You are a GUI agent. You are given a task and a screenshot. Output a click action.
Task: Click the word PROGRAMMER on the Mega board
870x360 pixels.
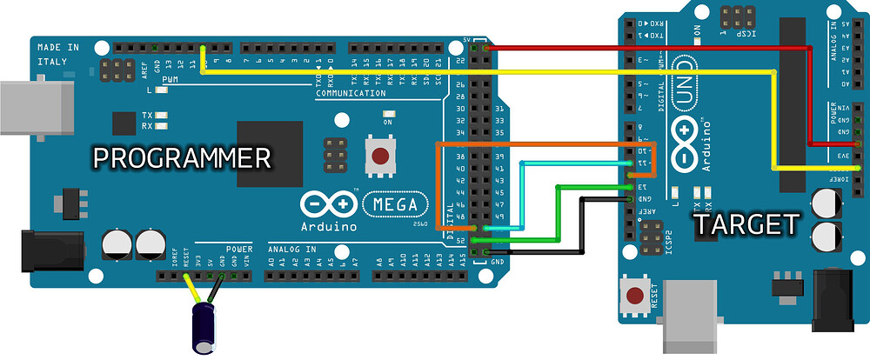pos(182,158)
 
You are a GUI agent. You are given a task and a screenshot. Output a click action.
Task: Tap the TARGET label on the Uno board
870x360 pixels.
pos(745,225)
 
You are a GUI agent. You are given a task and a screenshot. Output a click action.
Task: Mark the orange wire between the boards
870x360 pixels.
pos(539,143)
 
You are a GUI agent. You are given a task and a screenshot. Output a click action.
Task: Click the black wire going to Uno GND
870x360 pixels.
pos(581,226)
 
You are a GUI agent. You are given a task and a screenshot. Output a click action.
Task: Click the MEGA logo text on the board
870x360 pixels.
pos(395,203)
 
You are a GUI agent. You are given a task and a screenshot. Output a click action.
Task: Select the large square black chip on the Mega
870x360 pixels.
pos(269,153)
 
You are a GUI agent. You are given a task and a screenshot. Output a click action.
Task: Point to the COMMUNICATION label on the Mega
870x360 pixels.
pos(351,92)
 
